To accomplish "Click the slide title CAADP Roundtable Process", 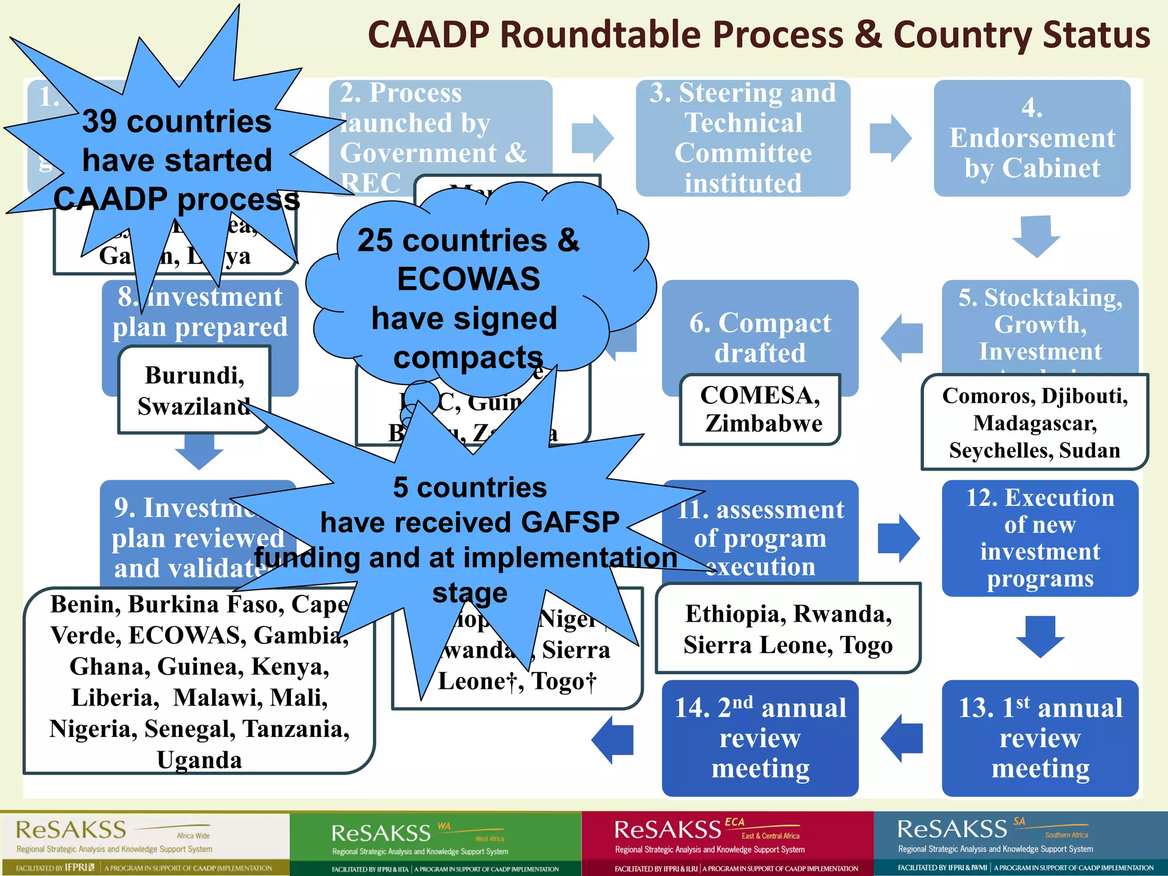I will click(x=759, y=35).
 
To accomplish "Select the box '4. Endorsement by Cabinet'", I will click(x=1032, y=139).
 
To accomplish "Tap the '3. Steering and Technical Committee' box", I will click(x=743, y=139).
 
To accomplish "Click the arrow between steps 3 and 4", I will click(x=890, y=138).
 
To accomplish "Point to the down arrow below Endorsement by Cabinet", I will click(x=1036, y=236).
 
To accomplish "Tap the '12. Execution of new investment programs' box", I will click(x=1040, y=538).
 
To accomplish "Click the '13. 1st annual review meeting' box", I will click(x=1040, y=738).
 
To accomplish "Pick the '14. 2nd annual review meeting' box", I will click(x=760, y=738).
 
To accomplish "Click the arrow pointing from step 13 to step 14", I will click(x=902, y=738).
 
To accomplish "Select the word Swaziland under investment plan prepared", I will click(x=193, y=407).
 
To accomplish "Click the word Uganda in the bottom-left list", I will click(x=199, y=760).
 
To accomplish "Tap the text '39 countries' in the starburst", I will click(x=176, y=122).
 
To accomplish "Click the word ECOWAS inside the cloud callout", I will click(x=468, y=279).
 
